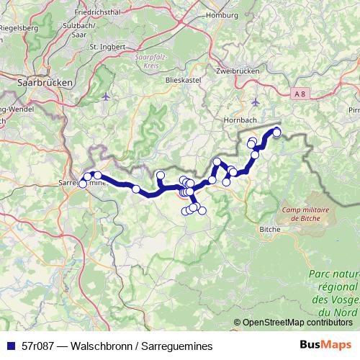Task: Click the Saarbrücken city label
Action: pyautogui.click(x=45, y=83)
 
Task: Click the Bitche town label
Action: pyautogui.click(x=269, y=229)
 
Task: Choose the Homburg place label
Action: pyautogui.click(x=222, y=14)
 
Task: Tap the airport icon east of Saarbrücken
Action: pyautogui.click(x=107, y=96)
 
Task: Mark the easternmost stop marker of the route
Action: pyautogui.click(x=276, y=132)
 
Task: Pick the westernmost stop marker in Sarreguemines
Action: pyautogui.click(x=82, y=184)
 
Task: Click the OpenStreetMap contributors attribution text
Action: pyautogui.click(x=296, y=323)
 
